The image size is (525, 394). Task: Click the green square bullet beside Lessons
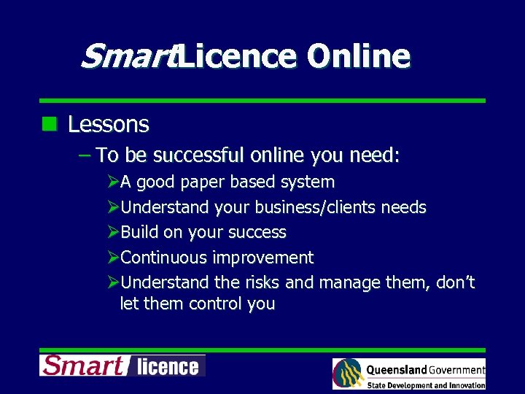50,123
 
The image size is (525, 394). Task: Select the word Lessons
109,125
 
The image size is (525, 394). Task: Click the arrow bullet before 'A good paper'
113,182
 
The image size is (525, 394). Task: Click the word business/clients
309,207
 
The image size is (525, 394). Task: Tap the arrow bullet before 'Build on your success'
113,232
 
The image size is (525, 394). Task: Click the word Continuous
164,257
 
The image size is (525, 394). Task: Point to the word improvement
263,258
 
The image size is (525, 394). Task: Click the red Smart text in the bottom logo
82,365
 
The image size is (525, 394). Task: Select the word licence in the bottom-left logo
167,366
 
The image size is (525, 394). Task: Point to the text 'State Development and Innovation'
426,385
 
